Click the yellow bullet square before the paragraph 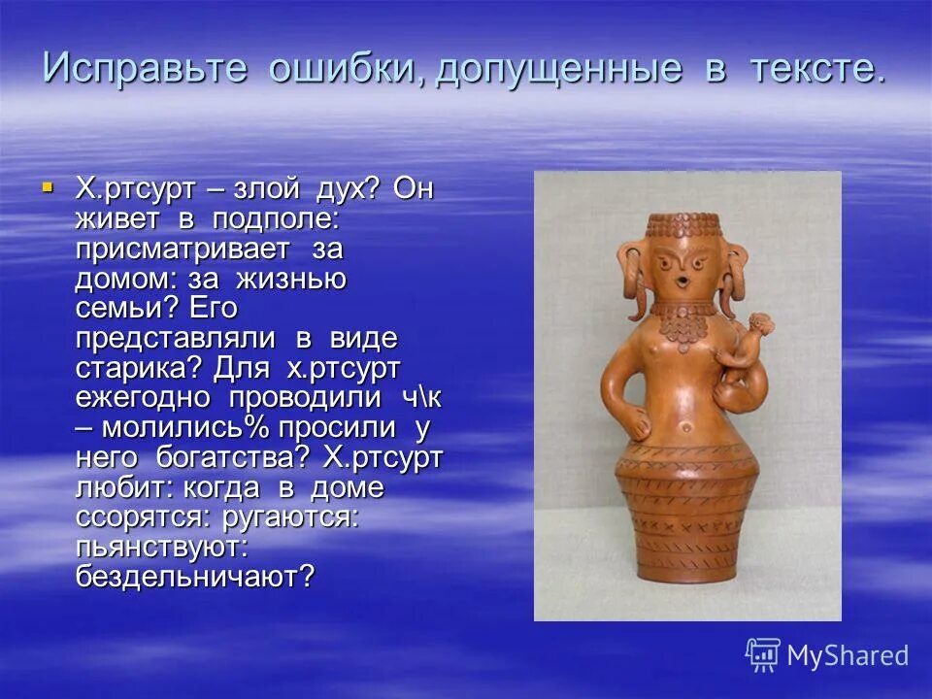pyautogui.click(x=48, y=184)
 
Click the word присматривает pyautogui.click(x=183, y=249)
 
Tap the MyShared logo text pyautogui.click(x=847, y=656)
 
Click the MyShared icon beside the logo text pyautogui.click(x=763, y=655)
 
